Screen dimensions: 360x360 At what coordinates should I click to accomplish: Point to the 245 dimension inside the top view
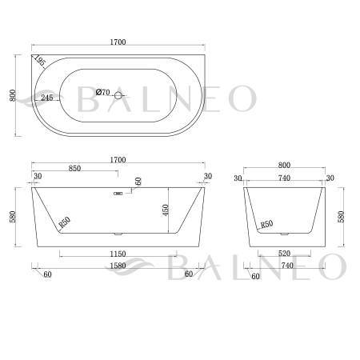[x=46, y=98]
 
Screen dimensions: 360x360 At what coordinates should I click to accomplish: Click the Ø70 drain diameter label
[x=102, y=93]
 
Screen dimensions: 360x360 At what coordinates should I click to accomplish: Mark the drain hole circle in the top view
[x=118, y=97]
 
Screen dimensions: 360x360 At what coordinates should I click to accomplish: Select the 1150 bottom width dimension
[x=118, y=254]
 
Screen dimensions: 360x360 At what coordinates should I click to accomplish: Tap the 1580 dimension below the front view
[x=118, y=265]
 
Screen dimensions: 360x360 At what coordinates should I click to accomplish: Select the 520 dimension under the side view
[x=284, y=254]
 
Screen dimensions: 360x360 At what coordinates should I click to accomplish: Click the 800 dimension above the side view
[x=284, y=166]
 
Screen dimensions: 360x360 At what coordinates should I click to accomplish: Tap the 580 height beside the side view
[x=346, y=216]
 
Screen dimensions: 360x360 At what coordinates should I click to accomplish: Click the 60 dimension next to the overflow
[x=138, y=182]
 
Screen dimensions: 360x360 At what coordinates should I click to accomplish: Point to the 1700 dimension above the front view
[x=118, y=160]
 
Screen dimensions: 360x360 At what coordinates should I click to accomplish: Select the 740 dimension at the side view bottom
[x=284, y=265]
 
